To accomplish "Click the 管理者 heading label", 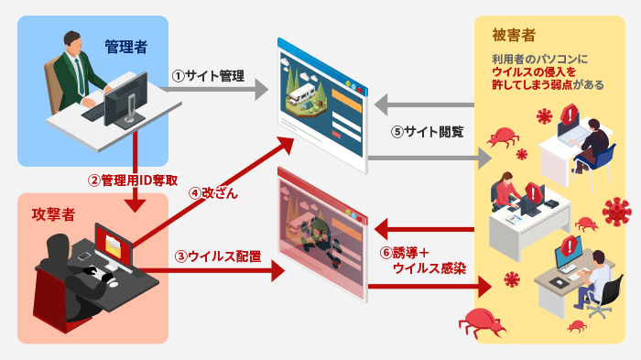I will [x=125, y=45].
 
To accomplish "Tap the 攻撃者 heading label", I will [x=52, y=213].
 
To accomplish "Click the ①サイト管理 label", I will [x=208, y=77].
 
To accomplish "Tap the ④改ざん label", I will [x=213, y=193].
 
